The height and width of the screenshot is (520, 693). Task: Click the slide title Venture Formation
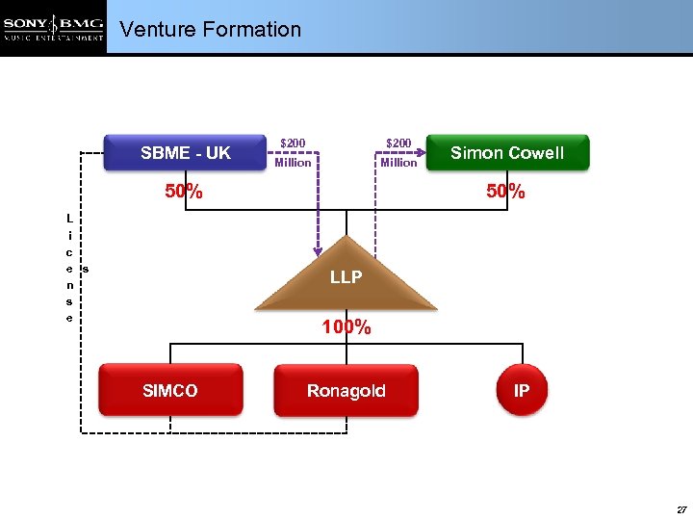[210, 30]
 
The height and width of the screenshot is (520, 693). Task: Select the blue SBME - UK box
[186, 153]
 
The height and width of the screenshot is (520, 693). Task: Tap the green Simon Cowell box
[507, 153]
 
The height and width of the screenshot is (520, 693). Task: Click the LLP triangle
[346, 277]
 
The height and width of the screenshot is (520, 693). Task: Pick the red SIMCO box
[170, 390]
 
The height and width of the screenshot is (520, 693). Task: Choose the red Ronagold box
[346, 390]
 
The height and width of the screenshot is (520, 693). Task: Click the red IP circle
[521, 390]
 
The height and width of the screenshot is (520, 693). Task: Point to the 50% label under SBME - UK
[183, 192]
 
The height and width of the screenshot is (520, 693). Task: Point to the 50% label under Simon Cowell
[505, 192]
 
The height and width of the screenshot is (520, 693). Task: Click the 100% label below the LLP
[346, 327]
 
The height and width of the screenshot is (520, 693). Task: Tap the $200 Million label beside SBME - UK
[293, 153]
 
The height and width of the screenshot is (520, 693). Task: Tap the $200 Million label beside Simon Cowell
[398, 153]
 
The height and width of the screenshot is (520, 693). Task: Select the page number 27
[681, 508]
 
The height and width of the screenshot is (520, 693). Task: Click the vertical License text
[69, 269]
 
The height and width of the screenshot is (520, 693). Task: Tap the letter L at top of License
[69, 219]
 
